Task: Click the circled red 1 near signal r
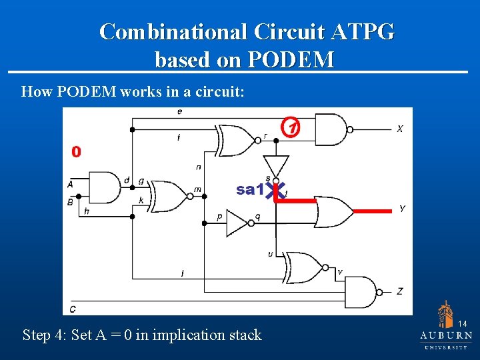coord(290,126)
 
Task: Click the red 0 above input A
coord(76,152)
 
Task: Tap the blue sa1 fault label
coord(246,190)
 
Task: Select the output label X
coord(399,129)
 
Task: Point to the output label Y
coord(402,209)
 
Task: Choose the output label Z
coord(399,291)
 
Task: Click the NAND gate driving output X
coord(331,130)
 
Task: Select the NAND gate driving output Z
coord(361,291)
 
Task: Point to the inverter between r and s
coord(276,165)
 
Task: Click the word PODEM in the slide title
coord(291,60)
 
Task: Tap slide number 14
coord(462,323)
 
